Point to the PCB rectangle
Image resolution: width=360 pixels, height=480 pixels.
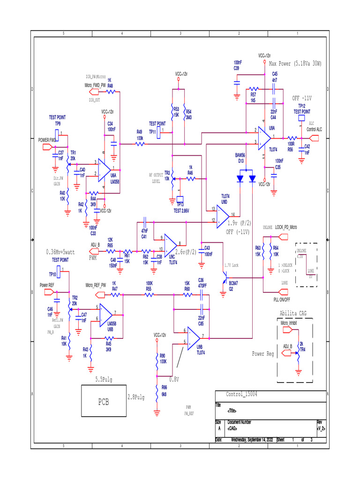coord(104,402)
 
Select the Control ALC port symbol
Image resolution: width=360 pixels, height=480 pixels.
coord(314,138)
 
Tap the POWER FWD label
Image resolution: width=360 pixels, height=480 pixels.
coord(47,140)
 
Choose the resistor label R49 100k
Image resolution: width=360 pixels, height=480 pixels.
coord(140,135)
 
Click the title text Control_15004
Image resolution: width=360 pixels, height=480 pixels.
coord(242,394)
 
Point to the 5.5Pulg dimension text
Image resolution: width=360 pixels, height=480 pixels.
coord(104,379)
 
